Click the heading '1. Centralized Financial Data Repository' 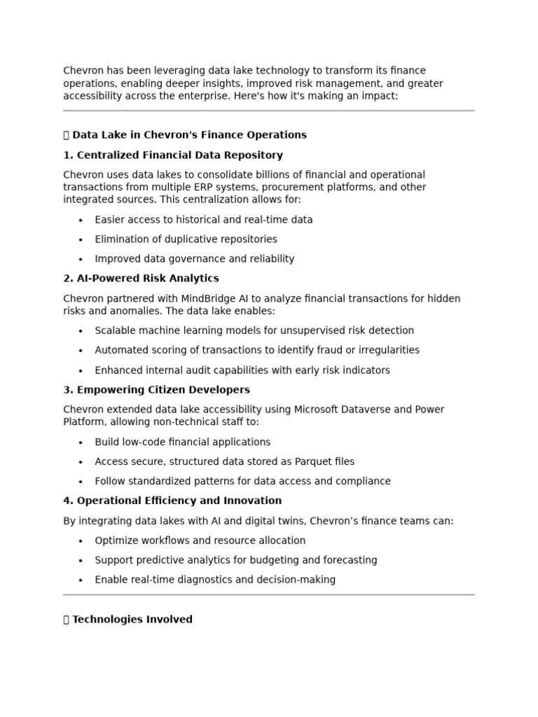[x=173, y=155]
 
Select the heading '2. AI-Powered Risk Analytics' [x=141, y=278]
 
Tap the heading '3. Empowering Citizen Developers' [x=156, y=389]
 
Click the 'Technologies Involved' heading [x=132, y=619]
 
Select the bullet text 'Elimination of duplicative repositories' [x=186, y=239]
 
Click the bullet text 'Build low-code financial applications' [x=182, y=442]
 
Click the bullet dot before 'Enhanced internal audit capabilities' [x=81, y=370]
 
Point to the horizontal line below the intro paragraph [x=268, y=111]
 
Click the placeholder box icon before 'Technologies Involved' [x=67, y=619]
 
